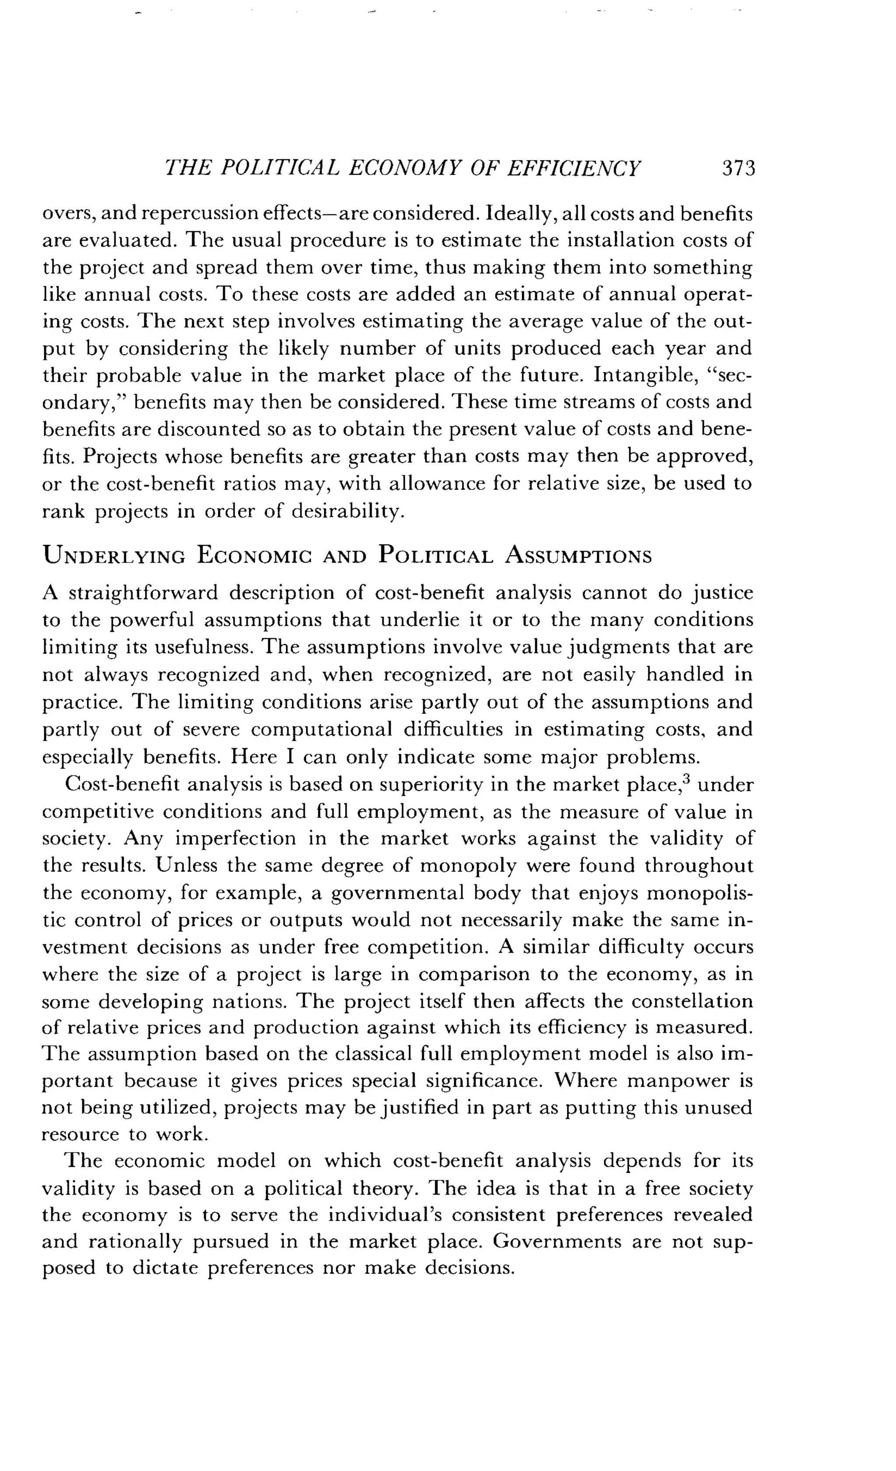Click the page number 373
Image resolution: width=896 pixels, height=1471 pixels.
coord(738,169)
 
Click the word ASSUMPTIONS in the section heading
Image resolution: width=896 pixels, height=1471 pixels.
coord(578,556)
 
